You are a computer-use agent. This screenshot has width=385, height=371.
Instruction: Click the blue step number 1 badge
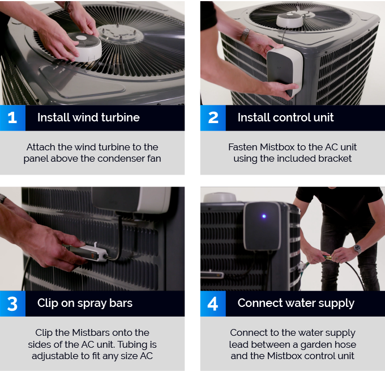[x=12, y=118]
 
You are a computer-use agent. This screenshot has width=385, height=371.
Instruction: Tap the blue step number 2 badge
[x=213, y=118]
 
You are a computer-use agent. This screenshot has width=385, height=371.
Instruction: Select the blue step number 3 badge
[x=12, y=303]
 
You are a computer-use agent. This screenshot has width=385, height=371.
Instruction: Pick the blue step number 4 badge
[x=213, y=303]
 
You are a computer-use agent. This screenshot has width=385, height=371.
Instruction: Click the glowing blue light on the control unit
[x=264, y=216]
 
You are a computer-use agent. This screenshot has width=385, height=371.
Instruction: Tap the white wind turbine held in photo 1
[x=85, y=47]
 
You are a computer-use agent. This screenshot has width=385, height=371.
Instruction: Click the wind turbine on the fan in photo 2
[x=290, y=20]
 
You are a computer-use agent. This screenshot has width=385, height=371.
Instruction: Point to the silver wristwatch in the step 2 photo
[x=245, y=35]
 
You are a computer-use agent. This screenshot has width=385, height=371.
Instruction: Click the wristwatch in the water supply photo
[x=358, y=249]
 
